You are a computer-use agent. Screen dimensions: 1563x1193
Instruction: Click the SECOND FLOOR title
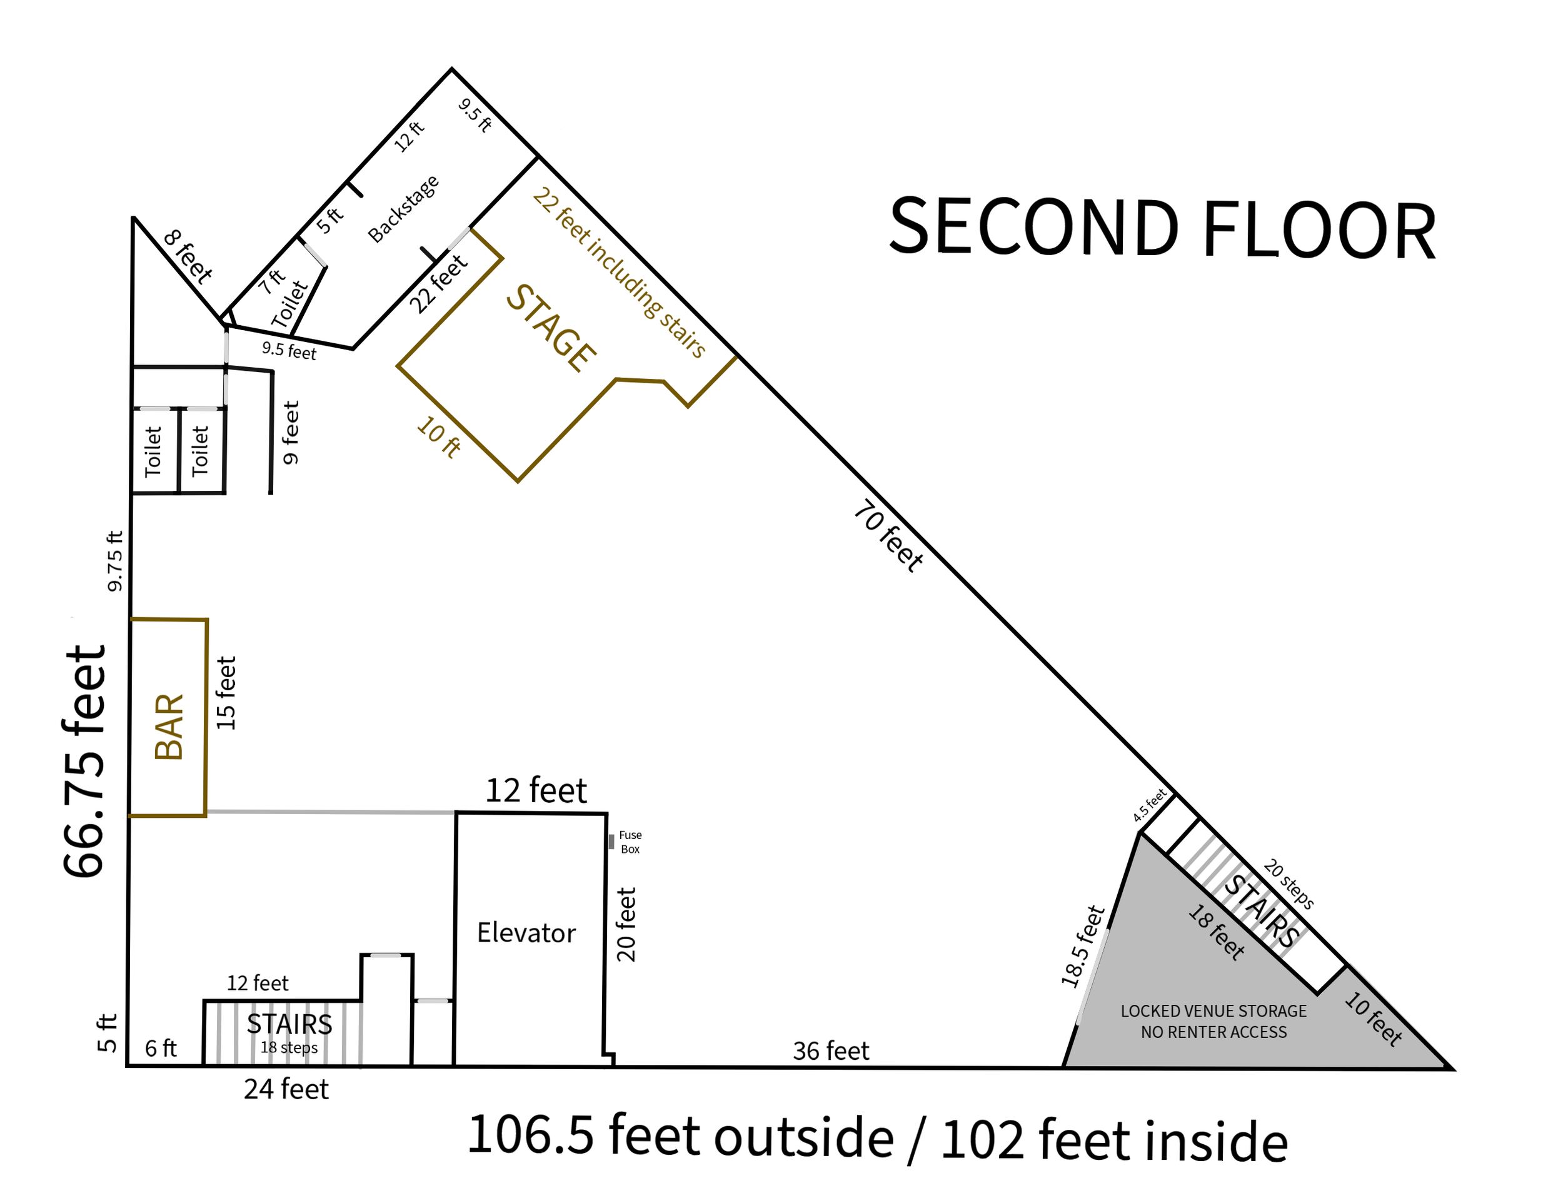[1162, 229]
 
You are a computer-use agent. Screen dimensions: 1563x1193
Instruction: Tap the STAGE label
[550, 328]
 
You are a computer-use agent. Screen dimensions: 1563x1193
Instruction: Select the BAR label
[169, 727]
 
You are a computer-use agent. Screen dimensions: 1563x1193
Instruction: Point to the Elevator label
[526, 932]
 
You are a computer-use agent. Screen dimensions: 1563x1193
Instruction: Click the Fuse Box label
[630, 842]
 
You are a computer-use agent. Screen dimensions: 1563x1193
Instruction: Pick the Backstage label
[403, 209]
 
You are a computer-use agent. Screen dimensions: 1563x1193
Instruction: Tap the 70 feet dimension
[888, 535]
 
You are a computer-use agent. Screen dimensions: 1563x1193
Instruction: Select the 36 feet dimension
[831, 1050]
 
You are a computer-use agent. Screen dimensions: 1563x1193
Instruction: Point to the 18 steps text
[289, 1047]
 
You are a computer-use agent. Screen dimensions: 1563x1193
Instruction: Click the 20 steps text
[1289, 884]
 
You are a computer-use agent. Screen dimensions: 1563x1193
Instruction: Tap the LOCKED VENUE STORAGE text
[1214, 1010]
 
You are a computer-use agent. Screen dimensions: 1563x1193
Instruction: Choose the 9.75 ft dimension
[114, 561]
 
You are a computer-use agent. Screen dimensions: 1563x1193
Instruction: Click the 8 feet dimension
[188, 256]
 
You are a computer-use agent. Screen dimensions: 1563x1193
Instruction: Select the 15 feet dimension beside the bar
[225, 693]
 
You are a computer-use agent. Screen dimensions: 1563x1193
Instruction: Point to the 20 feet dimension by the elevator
[626, 925]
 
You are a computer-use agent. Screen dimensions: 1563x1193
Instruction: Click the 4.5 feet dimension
[1150, 805]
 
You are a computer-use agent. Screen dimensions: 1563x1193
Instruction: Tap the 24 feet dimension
[286, 1089]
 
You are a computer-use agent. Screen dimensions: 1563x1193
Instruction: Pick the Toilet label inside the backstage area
[289, 305]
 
